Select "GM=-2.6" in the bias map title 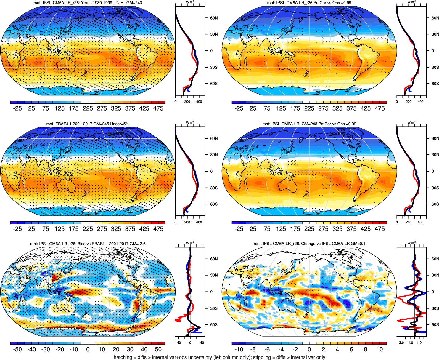137,244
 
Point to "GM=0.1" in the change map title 358,244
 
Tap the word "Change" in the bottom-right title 308,244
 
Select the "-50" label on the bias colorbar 17,349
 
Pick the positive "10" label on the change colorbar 379,349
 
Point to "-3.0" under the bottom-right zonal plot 401,343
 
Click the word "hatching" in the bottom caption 123,357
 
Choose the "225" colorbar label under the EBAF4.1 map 88,229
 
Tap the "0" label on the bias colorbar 88,349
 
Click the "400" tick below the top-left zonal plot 199,102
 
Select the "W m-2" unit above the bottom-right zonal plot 411,243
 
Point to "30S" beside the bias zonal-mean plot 214,308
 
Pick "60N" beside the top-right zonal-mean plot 435,18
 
